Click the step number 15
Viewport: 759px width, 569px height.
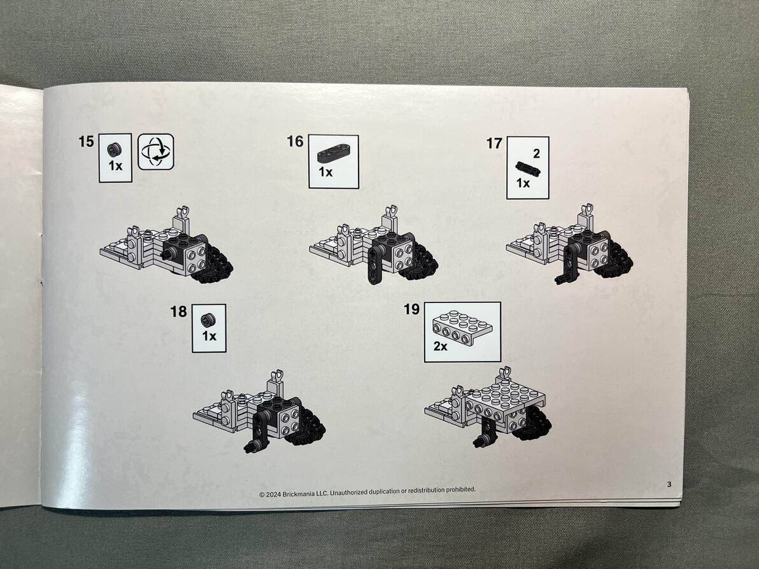pos(86,141)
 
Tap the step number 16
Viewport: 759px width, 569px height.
pos(295,141)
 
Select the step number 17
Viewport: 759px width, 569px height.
pos(494,143)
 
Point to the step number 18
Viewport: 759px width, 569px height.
pos(179,312)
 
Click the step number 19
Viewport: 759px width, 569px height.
pos(411,309)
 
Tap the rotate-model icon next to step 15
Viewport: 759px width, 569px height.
pos(156,152)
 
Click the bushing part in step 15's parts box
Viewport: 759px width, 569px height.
pos(114,150)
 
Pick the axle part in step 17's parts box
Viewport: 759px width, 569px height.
pos(528,168)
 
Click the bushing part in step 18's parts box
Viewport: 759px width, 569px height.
pos(208,320)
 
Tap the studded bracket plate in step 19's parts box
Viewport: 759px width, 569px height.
pos(462,328)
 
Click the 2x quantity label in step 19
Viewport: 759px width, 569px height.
pos(441,346)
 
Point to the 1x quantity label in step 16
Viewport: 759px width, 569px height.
pos(326,172)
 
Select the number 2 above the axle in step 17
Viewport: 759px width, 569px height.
pos(536,153)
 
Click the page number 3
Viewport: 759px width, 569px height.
pos(669,484)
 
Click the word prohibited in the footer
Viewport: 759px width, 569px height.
pos(460,489)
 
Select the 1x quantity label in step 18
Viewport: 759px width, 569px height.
pos(209,336)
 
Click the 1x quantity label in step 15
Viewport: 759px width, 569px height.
pos(116,165)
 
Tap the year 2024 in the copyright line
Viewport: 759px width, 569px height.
pos(273,494)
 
